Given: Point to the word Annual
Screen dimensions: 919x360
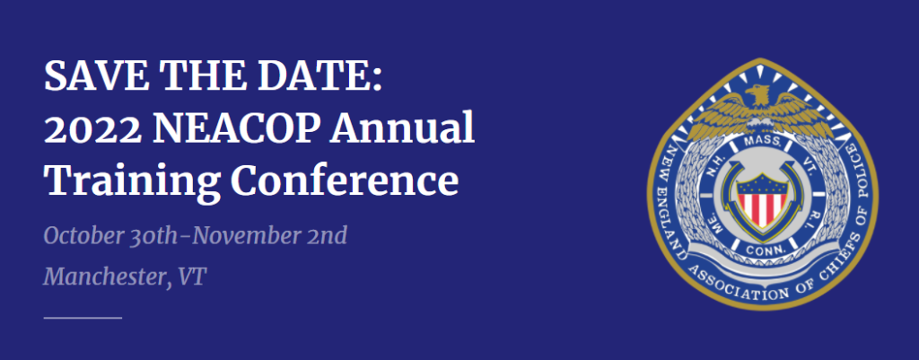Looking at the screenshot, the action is pos(402,128).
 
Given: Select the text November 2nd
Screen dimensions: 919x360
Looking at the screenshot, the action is pos(269,236).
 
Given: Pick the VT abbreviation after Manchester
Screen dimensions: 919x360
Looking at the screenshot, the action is pos(194,277).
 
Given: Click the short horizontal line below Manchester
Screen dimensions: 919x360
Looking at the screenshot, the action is pos(83,318).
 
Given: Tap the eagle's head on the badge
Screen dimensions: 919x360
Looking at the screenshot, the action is pos(757,92).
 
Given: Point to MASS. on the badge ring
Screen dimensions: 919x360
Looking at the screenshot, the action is pos(761,141).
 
